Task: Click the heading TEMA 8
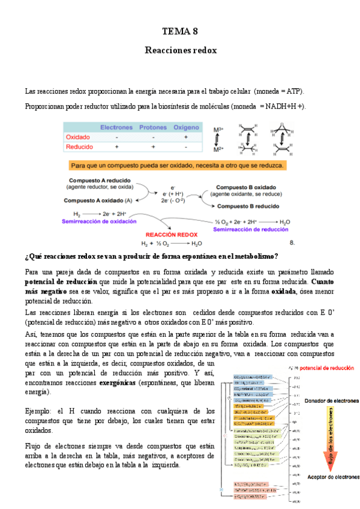click(x=180, y=31)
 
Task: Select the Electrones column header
click(x=116, y=128)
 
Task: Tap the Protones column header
click(x=153, y=128)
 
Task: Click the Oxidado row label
click(x=78, y=137)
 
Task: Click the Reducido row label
click(x=79, y=146)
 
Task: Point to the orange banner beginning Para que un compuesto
click(x=178, y=164)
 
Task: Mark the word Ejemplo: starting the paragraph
click(x=40, y=411)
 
